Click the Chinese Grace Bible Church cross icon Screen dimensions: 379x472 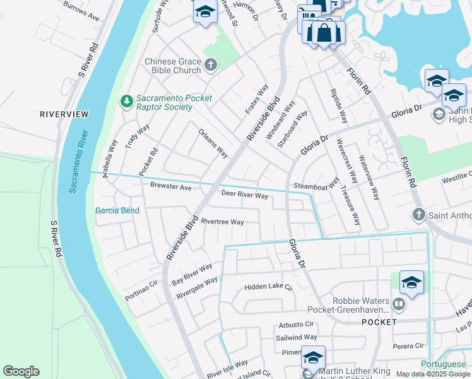coord(210,64)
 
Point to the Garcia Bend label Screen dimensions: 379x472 coord(117,210)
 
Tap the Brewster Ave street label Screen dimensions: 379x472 coord(170,187)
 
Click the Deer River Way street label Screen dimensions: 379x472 coord(244,195)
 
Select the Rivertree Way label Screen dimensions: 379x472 coord(222,222)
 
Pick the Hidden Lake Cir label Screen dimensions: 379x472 coord(269,287)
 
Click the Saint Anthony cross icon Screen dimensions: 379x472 coord(418,215)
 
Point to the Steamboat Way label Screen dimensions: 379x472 coord(316,186)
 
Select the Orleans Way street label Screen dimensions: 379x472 coord(213,143)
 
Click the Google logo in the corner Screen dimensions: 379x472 coord(21,371)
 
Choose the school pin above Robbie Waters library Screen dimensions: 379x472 coord(411,283)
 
